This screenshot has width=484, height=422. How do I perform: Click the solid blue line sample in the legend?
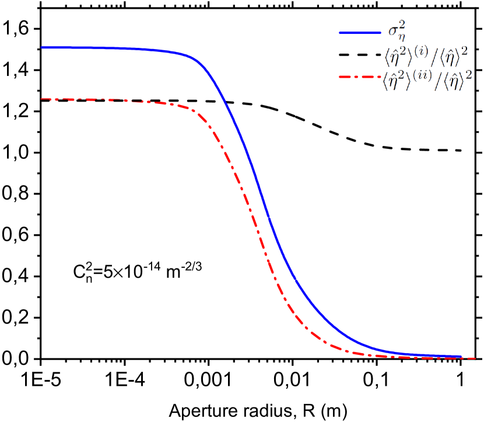pos(359,33)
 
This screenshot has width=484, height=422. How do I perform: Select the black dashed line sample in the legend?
pos(359,56)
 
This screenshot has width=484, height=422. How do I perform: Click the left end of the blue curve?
pos(41,47)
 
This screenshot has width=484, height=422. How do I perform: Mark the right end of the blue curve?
pos(461,355)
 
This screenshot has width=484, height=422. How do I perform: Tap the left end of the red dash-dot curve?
pos(41,99)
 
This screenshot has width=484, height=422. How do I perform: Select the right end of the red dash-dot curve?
pos(475,358)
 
